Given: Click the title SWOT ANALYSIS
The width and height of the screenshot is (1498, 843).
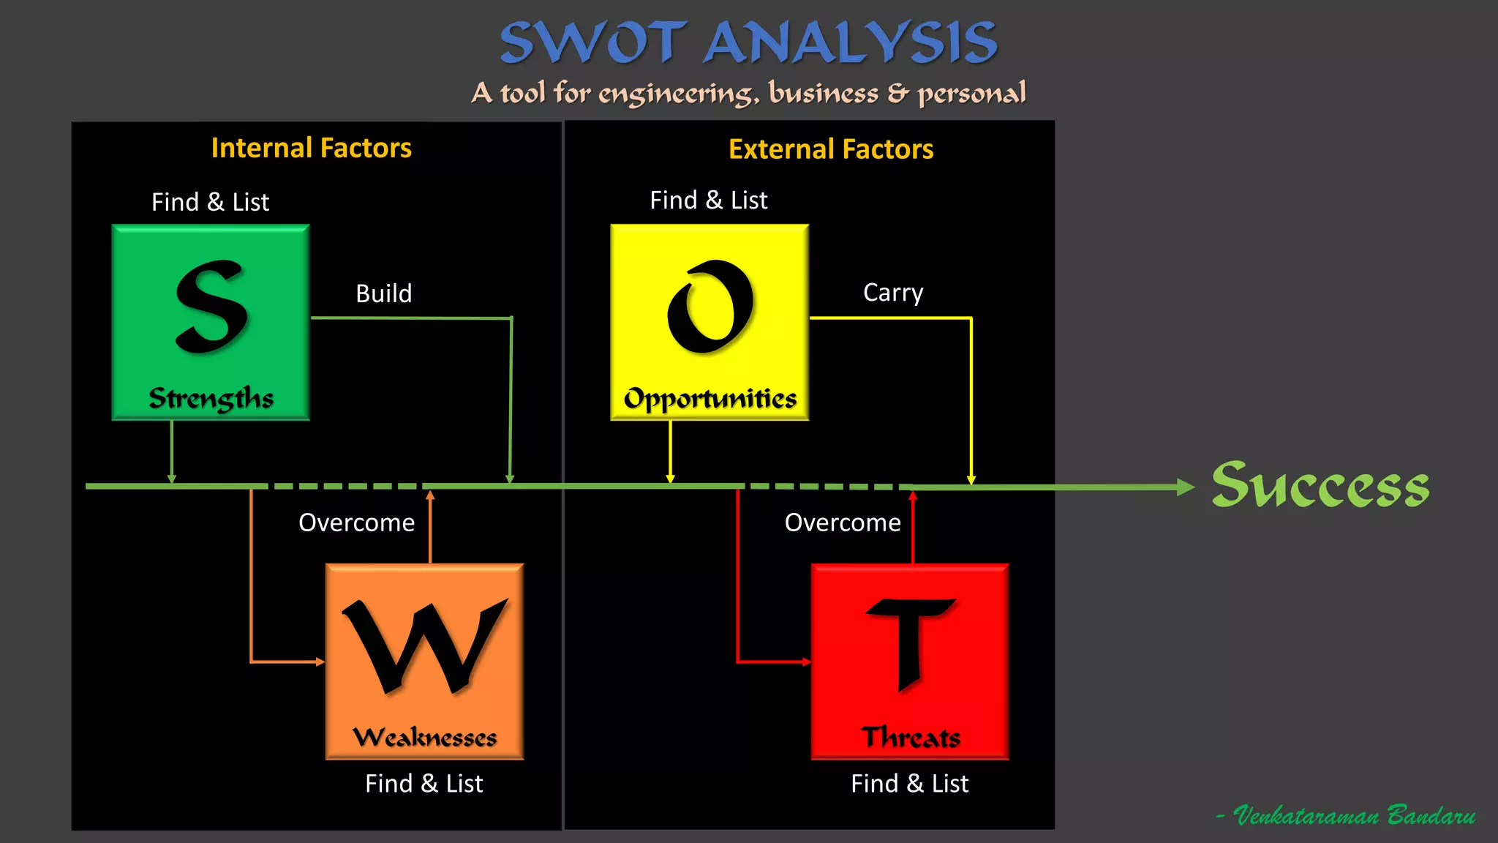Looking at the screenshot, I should coord(748,42).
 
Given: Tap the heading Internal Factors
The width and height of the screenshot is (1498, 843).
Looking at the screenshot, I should coord(311,148).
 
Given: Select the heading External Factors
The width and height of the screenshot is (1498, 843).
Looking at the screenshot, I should coord(831,149).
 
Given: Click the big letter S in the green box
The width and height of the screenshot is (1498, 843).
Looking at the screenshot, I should coord(211,307).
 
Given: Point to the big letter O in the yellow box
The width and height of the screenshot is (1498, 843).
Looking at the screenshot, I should coord(710,307).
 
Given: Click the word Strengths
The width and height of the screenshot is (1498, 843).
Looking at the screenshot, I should coord(211,398).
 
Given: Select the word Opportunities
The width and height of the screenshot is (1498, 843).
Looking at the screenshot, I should coord(710,399).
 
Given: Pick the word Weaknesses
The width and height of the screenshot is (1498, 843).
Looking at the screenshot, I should coord(424,737).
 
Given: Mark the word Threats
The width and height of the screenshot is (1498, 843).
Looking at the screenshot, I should coord(911,737).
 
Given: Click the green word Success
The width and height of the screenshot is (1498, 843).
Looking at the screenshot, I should coord(1320,485).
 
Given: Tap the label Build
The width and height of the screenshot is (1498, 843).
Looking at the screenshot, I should coord(383,293).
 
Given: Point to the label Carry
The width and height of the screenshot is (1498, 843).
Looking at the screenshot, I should coord(893,293).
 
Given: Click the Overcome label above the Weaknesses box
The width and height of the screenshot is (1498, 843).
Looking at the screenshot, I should coord(356,522).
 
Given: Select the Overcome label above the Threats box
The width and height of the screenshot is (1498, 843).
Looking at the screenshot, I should coord(843,522).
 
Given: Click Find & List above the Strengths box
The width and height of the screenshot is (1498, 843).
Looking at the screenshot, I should coord(210,202).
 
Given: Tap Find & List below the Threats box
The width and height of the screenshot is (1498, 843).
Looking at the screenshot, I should coord(909,784).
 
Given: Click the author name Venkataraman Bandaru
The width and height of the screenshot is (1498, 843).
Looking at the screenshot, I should coord(1353,815).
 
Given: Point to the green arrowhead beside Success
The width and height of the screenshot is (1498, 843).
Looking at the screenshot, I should coord(1186,487).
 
